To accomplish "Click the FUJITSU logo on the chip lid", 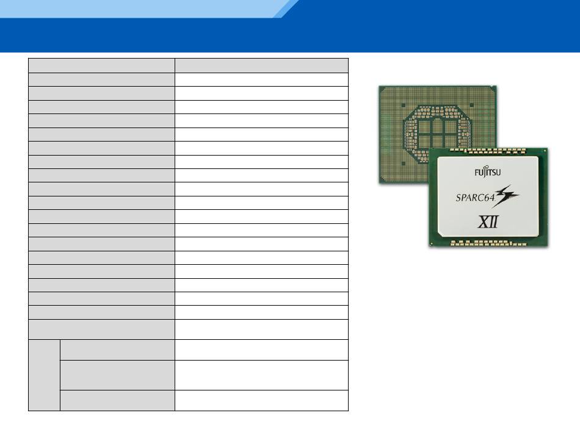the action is click(488, 172).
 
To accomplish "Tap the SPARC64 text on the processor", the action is click(476, 197).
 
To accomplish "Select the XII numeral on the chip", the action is click(488, 221).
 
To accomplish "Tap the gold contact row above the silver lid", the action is click(488, 151).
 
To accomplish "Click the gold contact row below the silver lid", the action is click(488, 243).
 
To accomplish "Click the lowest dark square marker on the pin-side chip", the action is click(404, 163).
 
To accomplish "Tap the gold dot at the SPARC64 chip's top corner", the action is click(546, 150).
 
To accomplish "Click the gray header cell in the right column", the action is click(261, 65).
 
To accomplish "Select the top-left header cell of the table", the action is click(102, 65).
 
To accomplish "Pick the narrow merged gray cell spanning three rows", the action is click(45, 375).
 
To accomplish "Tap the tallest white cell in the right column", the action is click(261, 375).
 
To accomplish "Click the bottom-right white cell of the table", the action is click(261, 400).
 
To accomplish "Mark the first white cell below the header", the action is click(261, 79).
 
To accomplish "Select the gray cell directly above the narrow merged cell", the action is click(102, 329).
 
